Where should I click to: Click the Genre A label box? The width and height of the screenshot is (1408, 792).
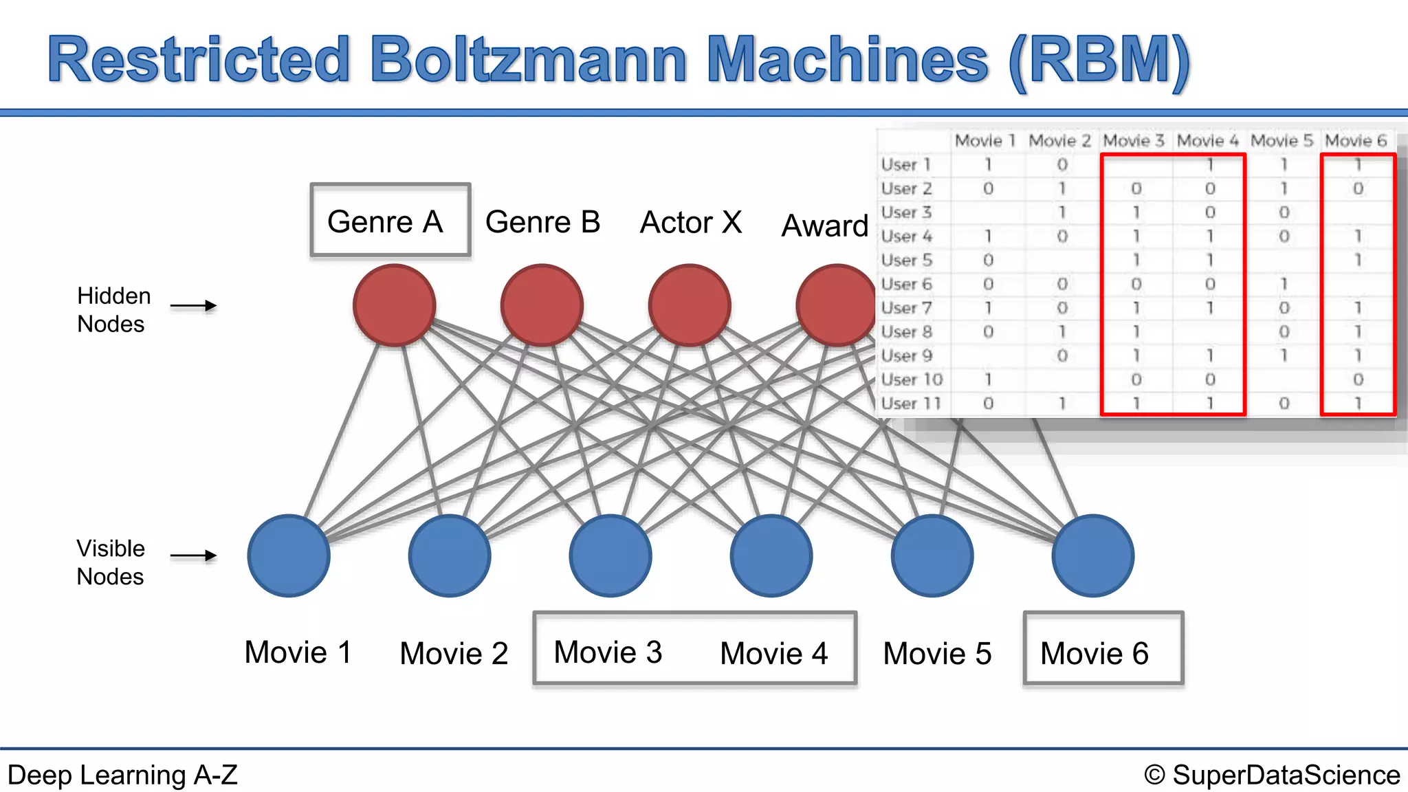pos(390,221)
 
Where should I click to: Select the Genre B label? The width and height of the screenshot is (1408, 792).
pos(542,222)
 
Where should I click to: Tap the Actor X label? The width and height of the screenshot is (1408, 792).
pos(691,222)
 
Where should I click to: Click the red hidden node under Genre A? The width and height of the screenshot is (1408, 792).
pos(394,305)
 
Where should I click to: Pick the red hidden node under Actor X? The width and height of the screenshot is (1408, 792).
pos(690,305)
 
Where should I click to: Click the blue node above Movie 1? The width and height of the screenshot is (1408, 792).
pos(289,555)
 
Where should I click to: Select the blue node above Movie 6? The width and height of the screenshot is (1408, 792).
pos(1093,555)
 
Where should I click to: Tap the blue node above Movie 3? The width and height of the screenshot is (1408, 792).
pos(610,555)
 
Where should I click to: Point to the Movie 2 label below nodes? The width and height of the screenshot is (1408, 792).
pos(454,653)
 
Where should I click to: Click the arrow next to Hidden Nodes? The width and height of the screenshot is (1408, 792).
pos(193,306)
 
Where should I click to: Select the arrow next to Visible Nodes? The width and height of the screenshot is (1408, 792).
pos(193,555)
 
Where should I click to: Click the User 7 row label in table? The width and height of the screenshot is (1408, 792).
pos(906,308)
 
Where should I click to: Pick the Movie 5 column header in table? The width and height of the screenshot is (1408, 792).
pos(1281,141)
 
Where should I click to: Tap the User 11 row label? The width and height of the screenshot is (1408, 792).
pos(910,404)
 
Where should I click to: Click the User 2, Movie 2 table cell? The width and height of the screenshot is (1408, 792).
pos(1061,188)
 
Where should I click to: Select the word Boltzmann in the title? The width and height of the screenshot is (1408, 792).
pos(529,60)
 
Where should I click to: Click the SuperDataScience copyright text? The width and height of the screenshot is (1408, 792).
pos(1272,775)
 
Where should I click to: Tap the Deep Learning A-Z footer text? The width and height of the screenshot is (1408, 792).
pos(122,775)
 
